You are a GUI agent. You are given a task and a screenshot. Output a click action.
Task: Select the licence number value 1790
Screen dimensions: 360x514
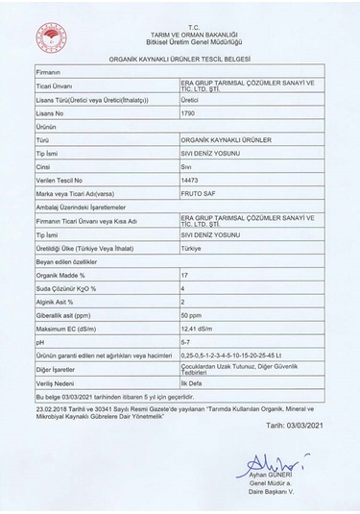click(189, 113)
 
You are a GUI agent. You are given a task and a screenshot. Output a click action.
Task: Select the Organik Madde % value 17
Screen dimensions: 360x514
click(185, 276)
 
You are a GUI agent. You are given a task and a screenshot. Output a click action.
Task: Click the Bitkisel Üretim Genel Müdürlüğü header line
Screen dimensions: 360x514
click(180, 43)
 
